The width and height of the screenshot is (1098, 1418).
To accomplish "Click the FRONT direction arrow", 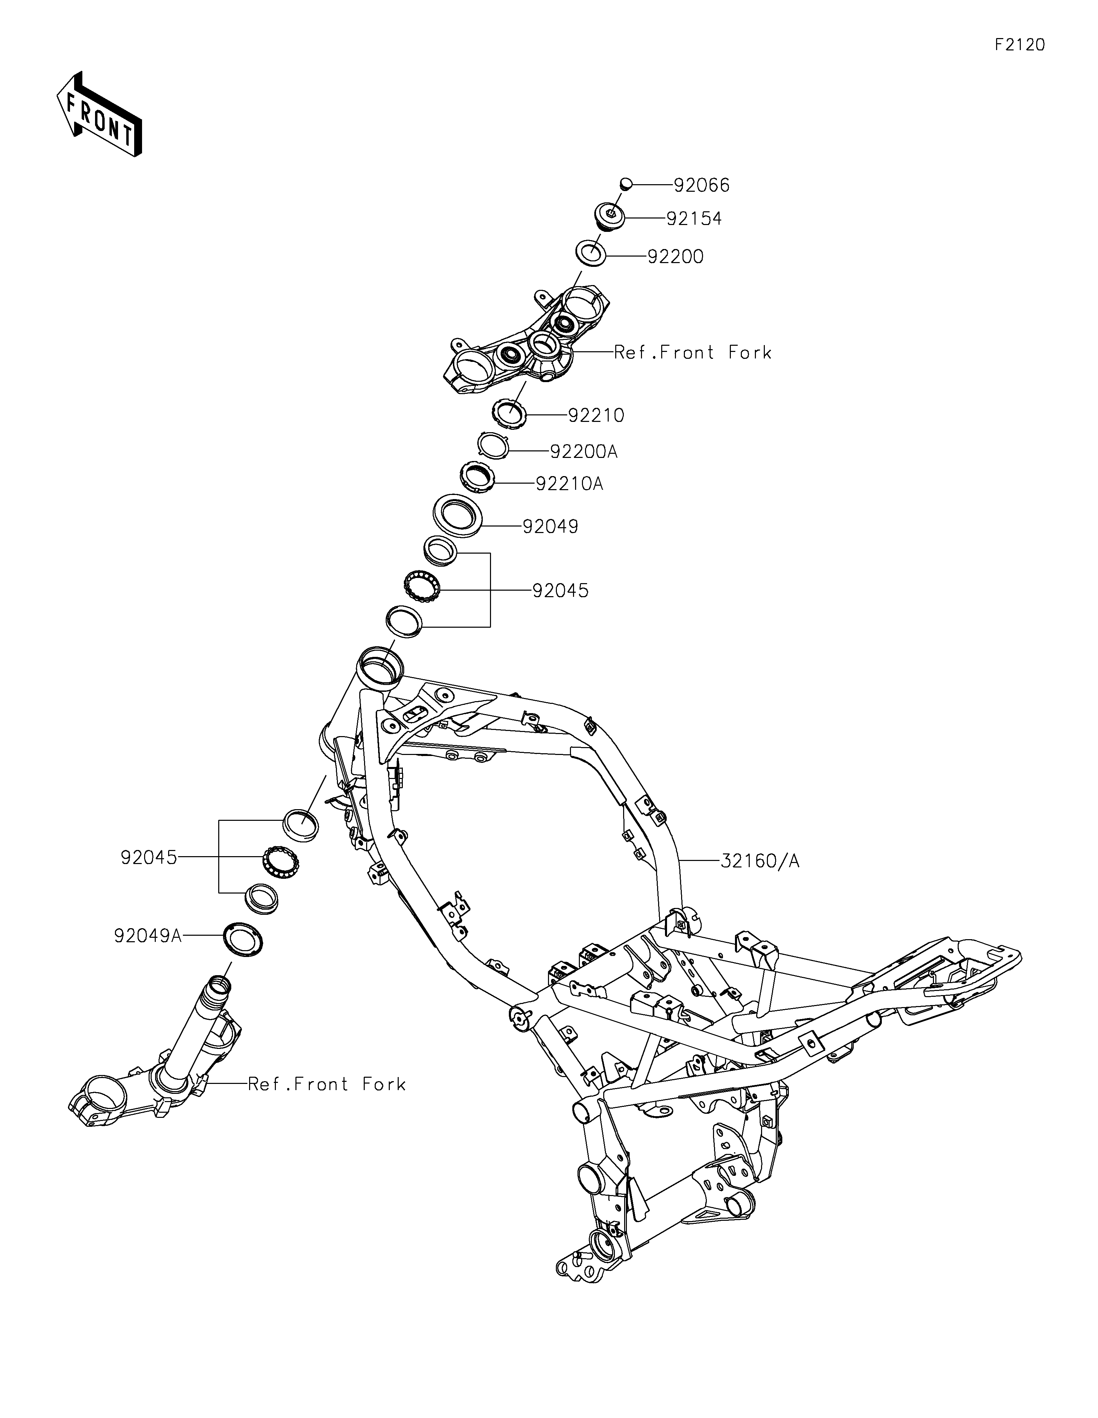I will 99,115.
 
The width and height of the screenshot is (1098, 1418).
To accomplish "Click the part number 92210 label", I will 596,415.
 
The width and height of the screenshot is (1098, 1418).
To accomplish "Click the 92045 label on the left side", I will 149,858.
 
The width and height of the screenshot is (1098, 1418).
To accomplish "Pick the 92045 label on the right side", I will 560,590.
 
